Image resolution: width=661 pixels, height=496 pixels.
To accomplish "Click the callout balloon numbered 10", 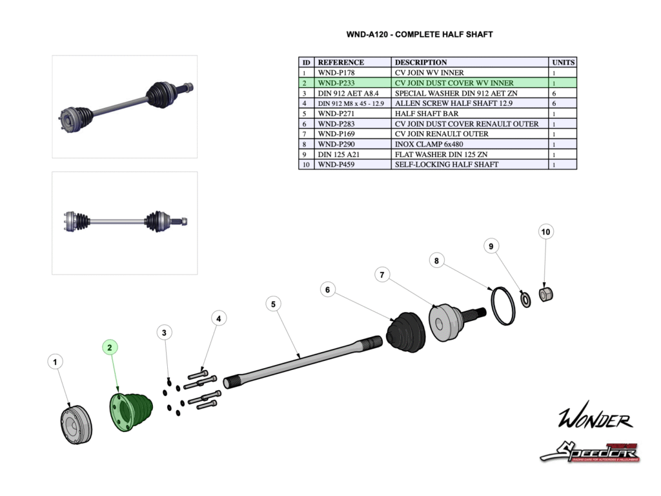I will (546, 231).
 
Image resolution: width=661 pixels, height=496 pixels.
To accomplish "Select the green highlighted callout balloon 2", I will (110, 347).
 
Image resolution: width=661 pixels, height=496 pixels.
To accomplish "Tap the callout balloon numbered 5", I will (273, 304).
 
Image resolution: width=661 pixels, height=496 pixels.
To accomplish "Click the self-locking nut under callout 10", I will (545, 294).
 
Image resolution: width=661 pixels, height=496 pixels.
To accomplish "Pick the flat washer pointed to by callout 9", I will (525, 300).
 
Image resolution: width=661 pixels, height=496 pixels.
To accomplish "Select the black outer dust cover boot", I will (405, 333).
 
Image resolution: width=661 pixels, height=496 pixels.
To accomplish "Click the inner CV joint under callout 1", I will (76, 424).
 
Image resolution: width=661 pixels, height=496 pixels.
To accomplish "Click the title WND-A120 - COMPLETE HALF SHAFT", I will (420, 34).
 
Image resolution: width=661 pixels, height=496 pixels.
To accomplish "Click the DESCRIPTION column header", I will (421, 63).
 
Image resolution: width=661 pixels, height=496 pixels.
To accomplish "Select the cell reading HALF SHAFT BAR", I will (427, 114).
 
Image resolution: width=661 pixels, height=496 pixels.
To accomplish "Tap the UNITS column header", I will (563, 63).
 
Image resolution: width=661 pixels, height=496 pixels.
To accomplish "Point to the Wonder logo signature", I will (595, 419).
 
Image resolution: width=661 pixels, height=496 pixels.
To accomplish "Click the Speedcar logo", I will (591, 451).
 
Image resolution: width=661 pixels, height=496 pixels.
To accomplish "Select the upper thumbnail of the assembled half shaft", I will (125, 107).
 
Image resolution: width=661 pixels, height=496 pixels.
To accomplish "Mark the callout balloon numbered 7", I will (382, 275).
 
